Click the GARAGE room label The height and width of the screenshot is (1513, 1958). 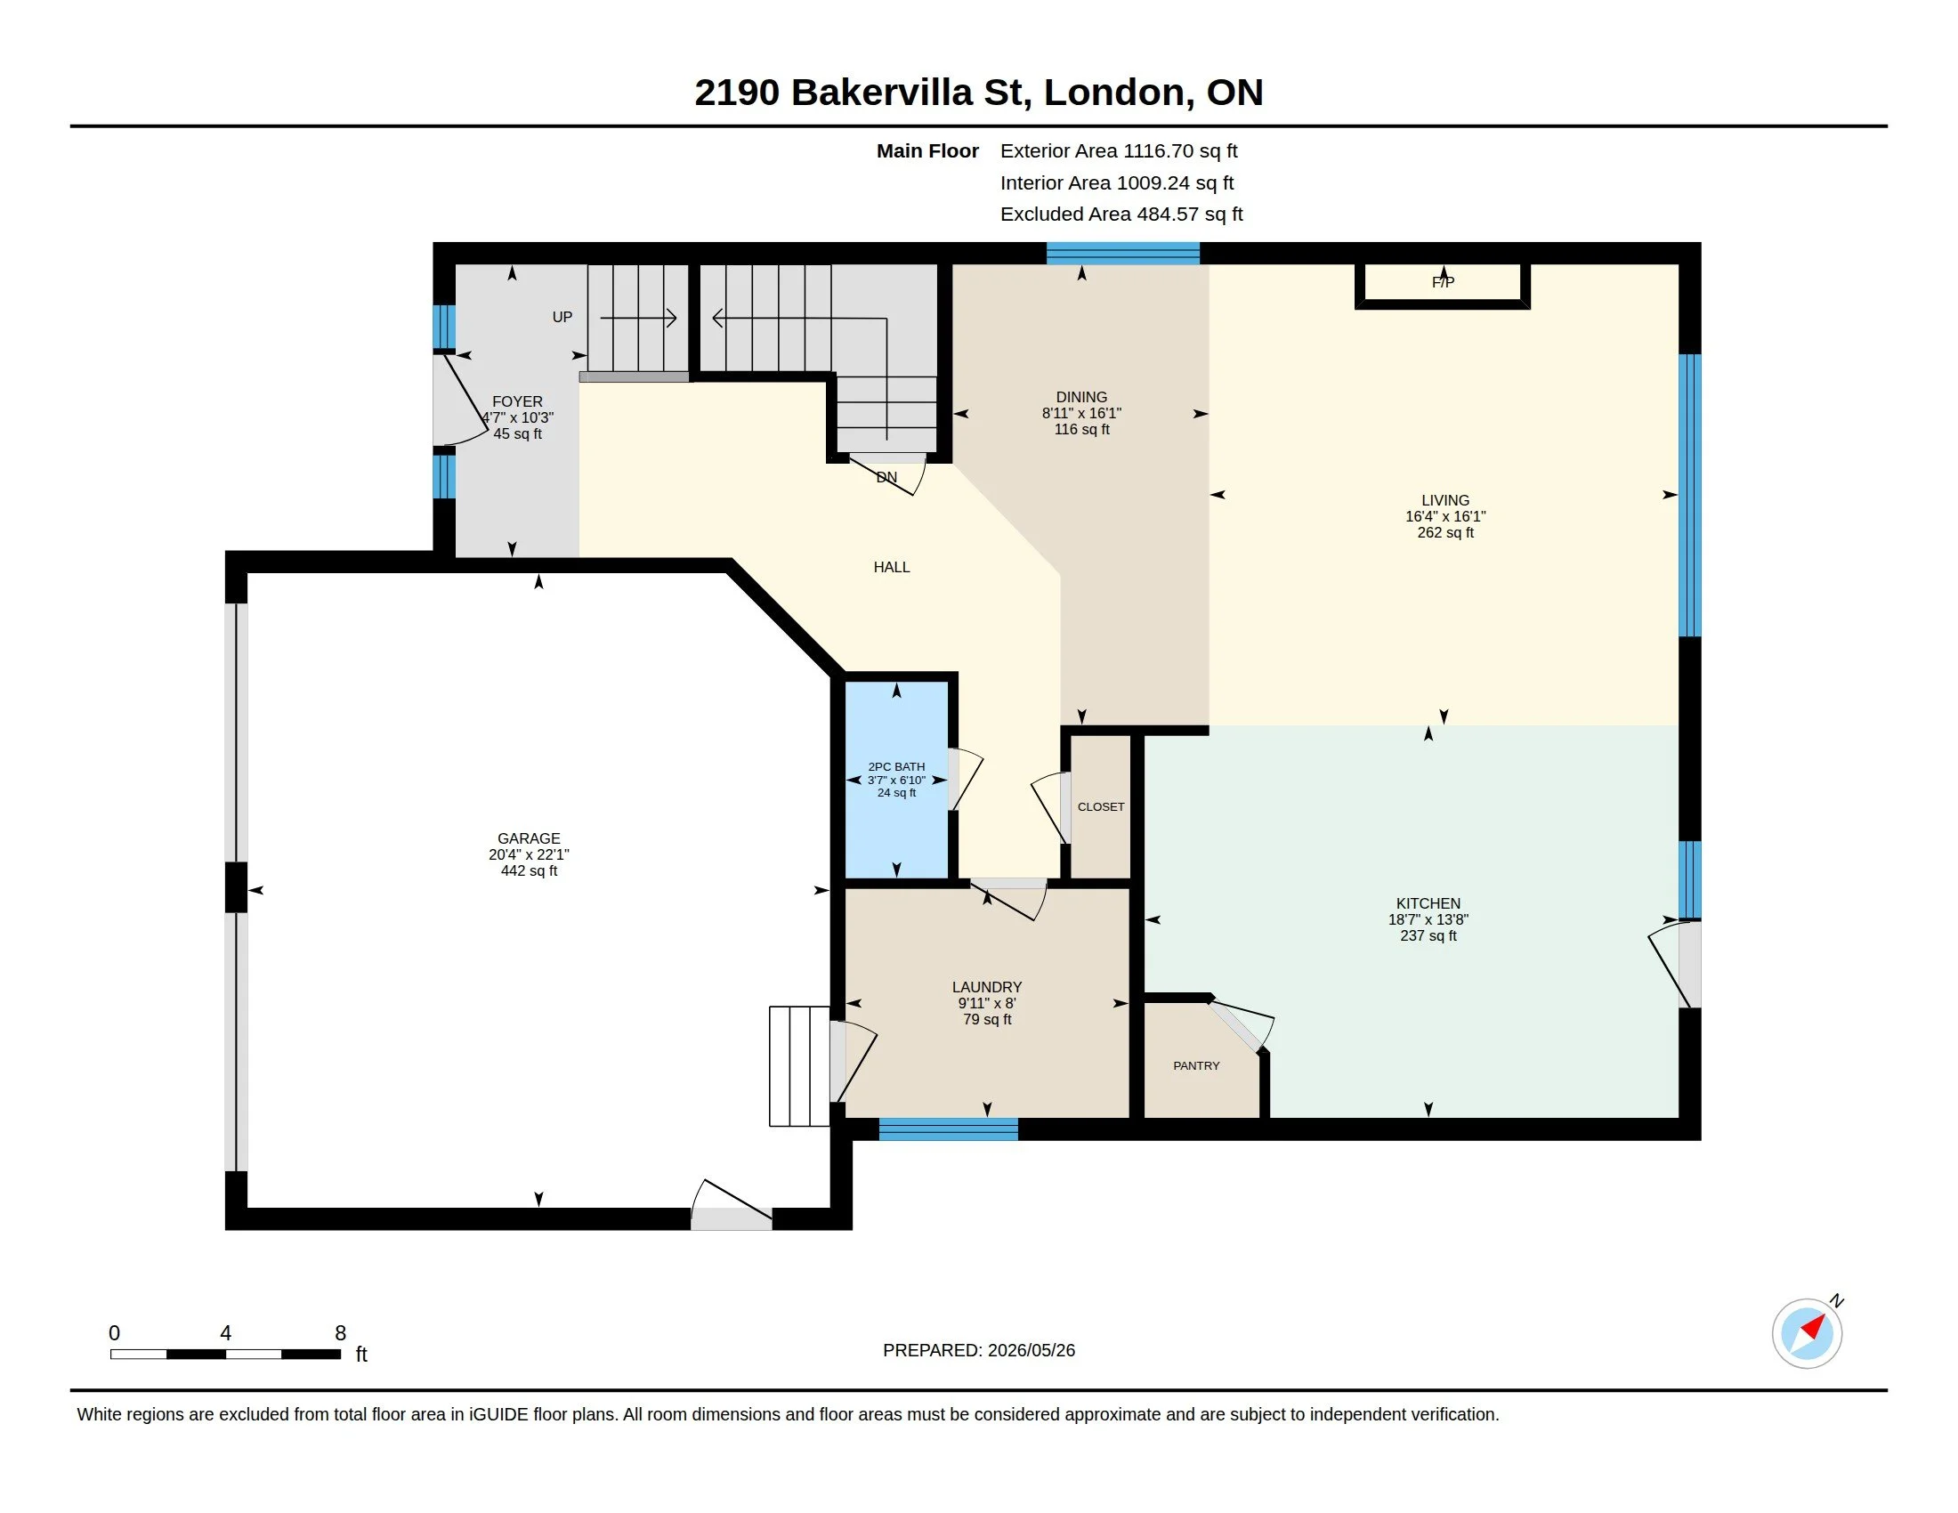pyautogui.click(x=529, y=838)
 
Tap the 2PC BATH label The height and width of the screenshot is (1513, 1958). pyautogui.click(x=896, y=766)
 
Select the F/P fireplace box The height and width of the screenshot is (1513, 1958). pyautogui.click(x=1443, y=286)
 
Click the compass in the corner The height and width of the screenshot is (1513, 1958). pyautogui.click(x=1808, y=1333)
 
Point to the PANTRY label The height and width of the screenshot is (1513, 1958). pyautogui.click(x=1196, y=1065)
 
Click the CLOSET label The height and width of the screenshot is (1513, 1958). pyautogui.click(x=1101, y=806)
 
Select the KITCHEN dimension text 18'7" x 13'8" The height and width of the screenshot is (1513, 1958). pyautogui.click(x=1428, y=919)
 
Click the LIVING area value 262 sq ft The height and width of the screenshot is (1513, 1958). pyautogui.click(x=1445, y=532)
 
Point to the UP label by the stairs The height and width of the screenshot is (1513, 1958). pyautogui.click(x=562, y=318)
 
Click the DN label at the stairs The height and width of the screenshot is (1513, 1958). pyautogui.click(x=886, y=478)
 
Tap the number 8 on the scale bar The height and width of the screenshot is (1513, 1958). pyautogui.click(x=341, y=1333)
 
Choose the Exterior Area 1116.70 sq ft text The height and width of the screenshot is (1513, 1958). pyautogui.click(x=1119, y=151)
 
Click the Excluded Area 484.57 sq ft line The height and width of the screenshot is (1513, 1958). pyautogui.click(x=1121, y=214)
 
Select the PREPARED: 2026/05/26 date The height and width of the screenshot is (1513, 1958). pyautogui.click(x=979, y=1350)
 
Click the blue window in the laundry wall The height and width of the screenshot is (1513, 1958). pyautogui.click(x=949, y=1129)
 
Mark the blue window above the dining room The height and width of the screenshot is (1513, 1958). pyautogui.click(x=1123, y=253)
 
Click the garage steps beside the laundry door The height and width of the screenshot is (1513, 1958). pyautogui.click(x=800, y=1065)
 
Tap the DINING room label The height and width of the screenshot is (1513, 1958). pyautogui.click(x=1081, y=397)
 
